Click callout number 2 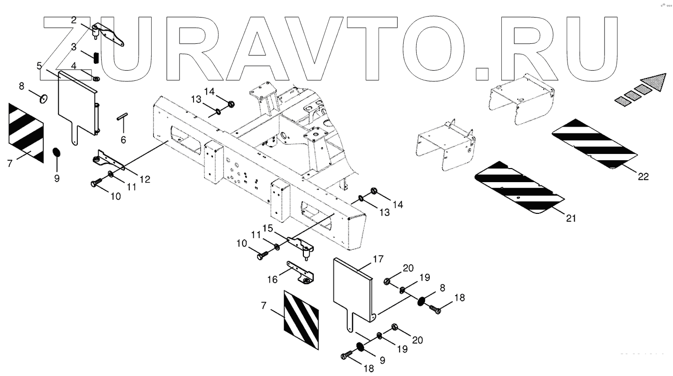[73, 20]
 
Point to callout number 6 [123, 140]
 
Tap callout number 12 [144, 179]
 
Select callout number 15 [268, 227]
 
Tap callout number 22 [643, 177]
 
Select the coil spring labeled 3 [97, 57]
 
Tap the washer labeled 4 [96, 78]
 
